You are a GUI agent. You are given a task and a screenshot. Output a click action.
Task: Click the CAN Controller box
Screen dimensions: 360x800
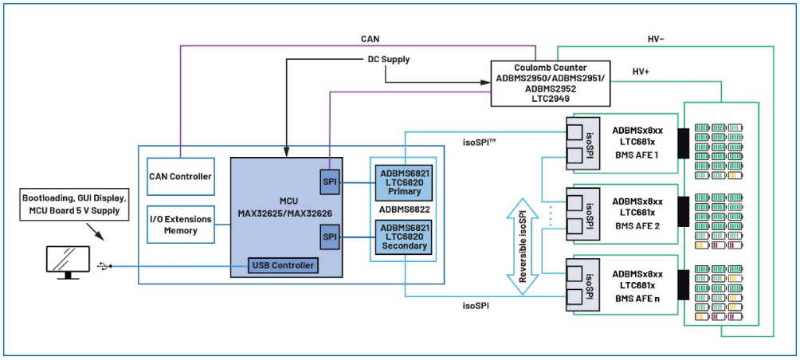[x=180, y=176]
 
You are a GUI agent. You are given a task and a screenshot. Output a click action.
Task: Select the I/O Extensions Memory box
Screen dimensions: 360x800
[x=180, y=225]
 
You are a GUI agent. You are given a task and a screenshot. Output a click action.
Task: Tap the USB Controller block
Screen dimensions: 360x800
[x=283, y=264]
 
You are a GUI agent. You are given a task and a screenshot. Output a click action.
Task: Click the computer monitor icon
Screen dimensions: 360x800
[x=69, y=261]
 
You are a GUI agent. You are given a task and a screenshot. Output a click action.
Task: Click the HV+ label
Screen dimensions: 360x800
[x=641, y=72]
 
